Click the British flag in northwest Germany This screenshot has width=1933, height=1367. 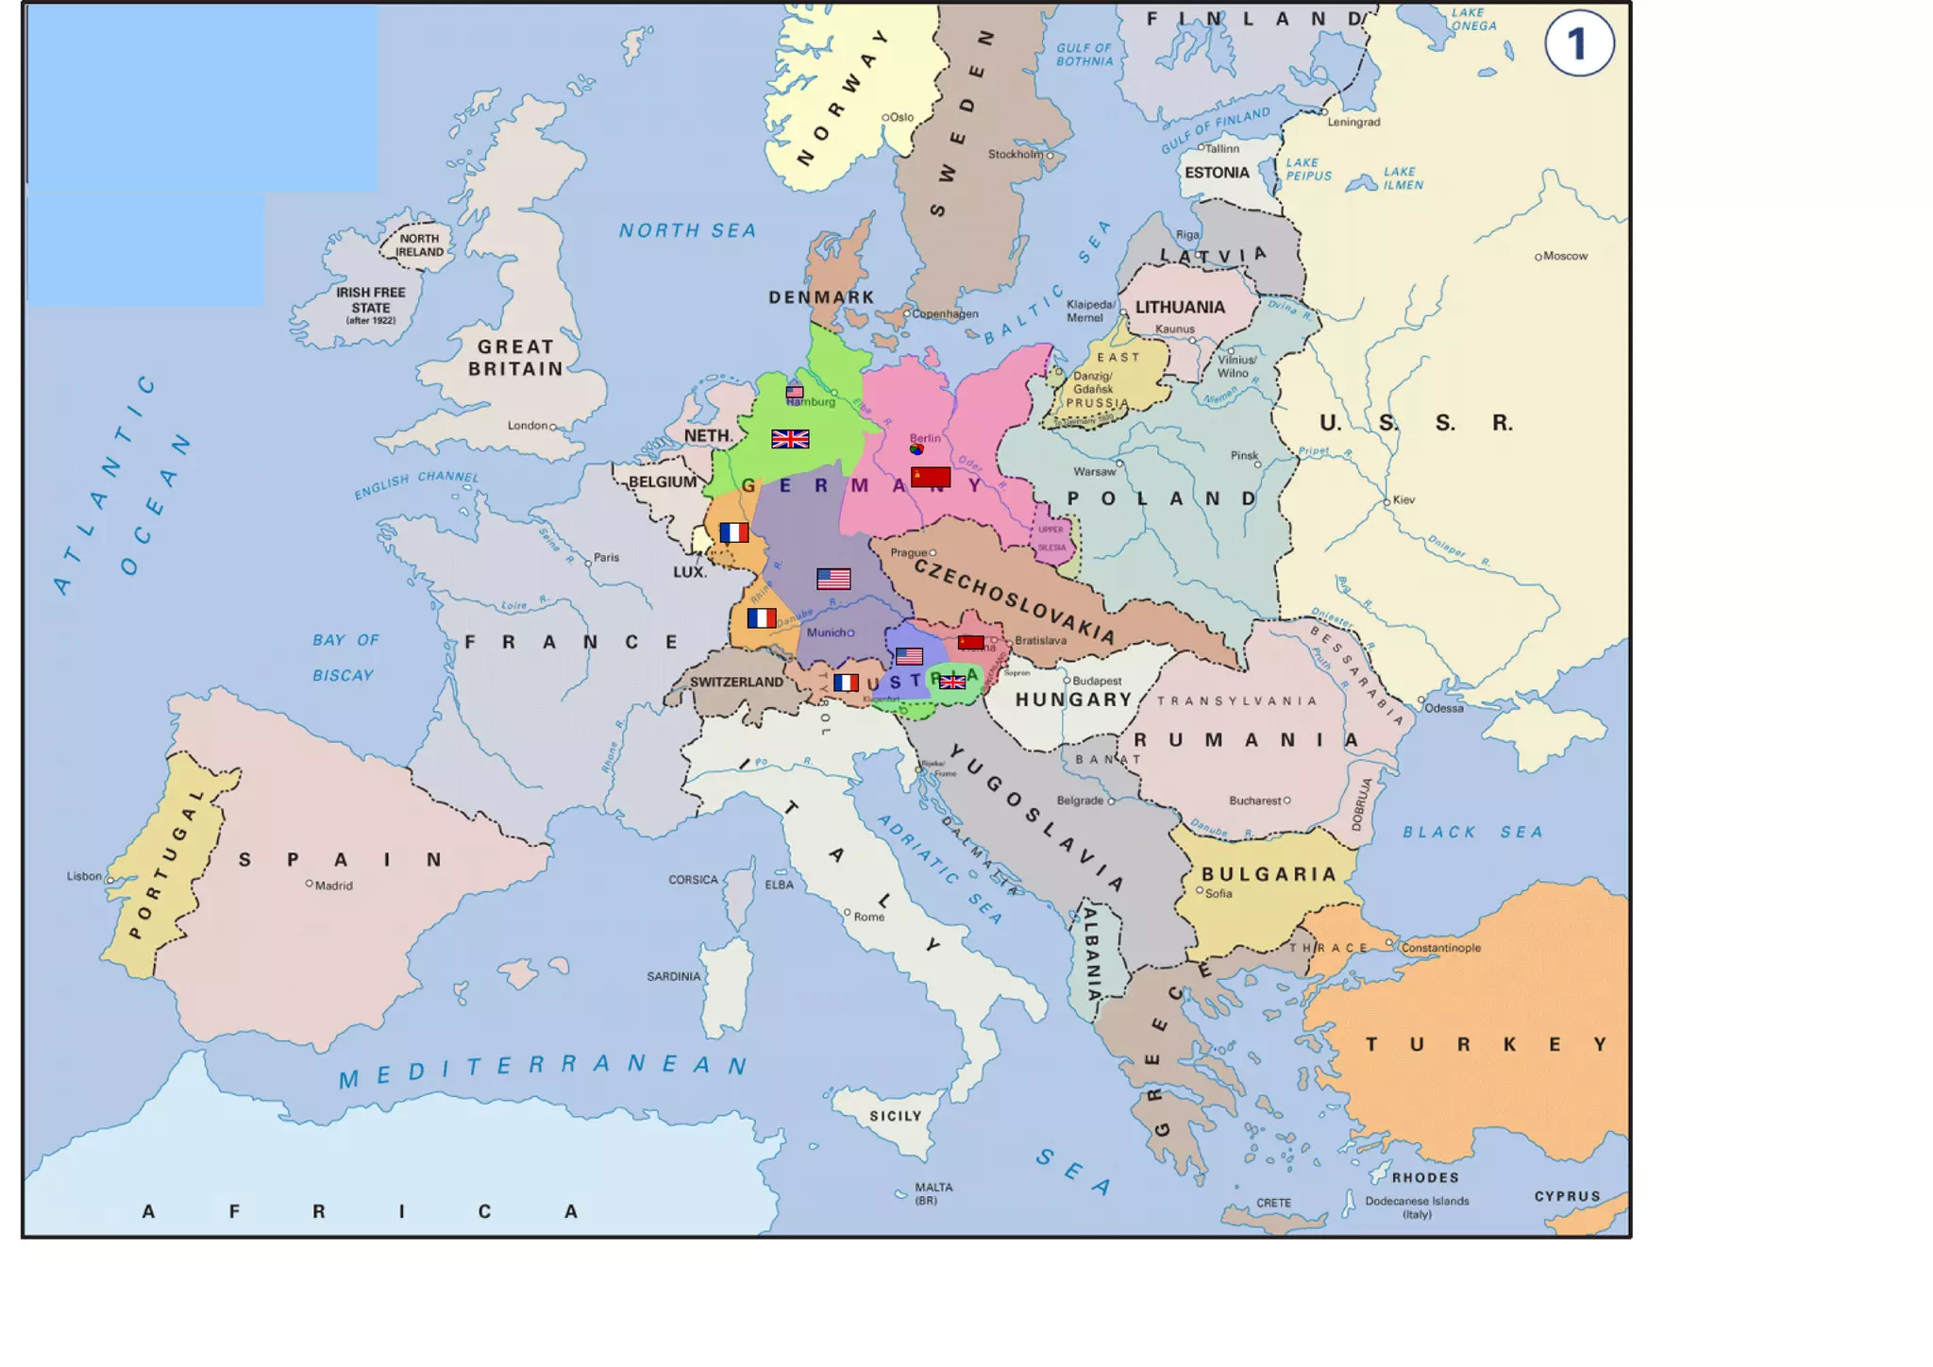[790, 438]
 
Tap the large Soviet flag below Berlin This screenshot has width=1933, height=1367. [931, 477]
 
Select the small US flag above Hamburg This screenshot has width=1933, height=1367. [795, 392]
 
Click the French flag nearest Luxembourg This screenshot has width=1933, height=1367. [733, 532]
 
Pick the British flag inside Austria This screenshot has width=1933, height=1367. [952, 682]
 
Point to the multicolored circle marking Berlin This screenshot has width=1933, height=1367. [916, 449]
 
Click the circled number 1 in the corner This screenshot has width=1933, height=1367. [1579, 43]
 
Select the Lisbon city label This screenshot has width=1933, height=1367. [84, 876]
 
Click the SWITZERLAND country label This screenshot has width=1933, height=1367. [736, 682]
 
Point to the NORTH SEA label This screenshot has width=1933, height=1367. [687, 230]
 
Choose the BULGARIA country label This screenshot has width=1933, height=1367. [1269, 874]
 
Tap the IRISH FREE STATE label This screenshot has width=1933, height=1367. [371, 300]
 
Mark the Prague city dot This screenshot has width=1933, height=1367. [933, 552]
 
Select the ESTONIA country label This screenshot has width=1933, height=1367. [1217, 173]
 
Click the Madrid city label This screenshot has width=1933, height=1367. [333, 886]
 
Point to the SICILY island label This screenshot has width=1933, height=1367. [895, 1116]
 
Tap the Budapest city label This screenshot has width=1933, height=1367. [1097, 681]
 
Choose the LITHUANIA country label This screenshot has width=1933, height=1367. [1180, 307]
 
